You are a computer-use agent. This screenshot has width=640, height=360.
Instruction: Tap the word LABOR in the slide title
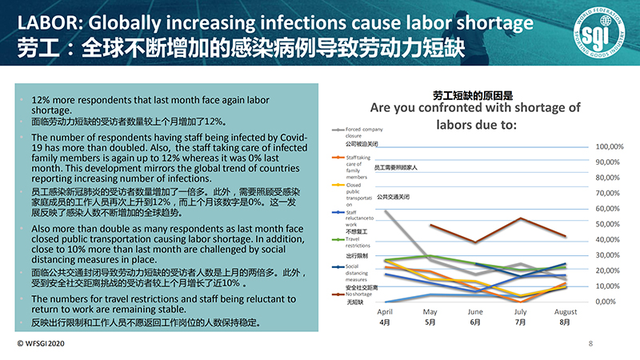pos(42,18)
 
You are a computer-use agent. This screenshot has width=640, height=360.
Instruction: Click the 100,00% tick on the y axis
pos(610,146)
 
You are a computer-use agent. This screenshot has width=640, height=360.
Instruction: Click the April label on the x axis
pos(384,311)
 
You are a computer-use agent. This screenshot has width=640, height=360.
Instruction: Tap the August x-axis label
pos(566,311)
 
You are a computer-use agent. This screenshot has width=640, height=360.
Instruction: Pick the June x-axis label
pos(475,311)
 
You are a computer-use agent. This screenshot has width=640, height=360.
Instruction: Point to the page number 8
pos(590,343)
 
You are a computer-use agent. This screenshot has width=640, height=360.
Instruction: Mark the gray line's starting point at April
pos(385,210)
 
